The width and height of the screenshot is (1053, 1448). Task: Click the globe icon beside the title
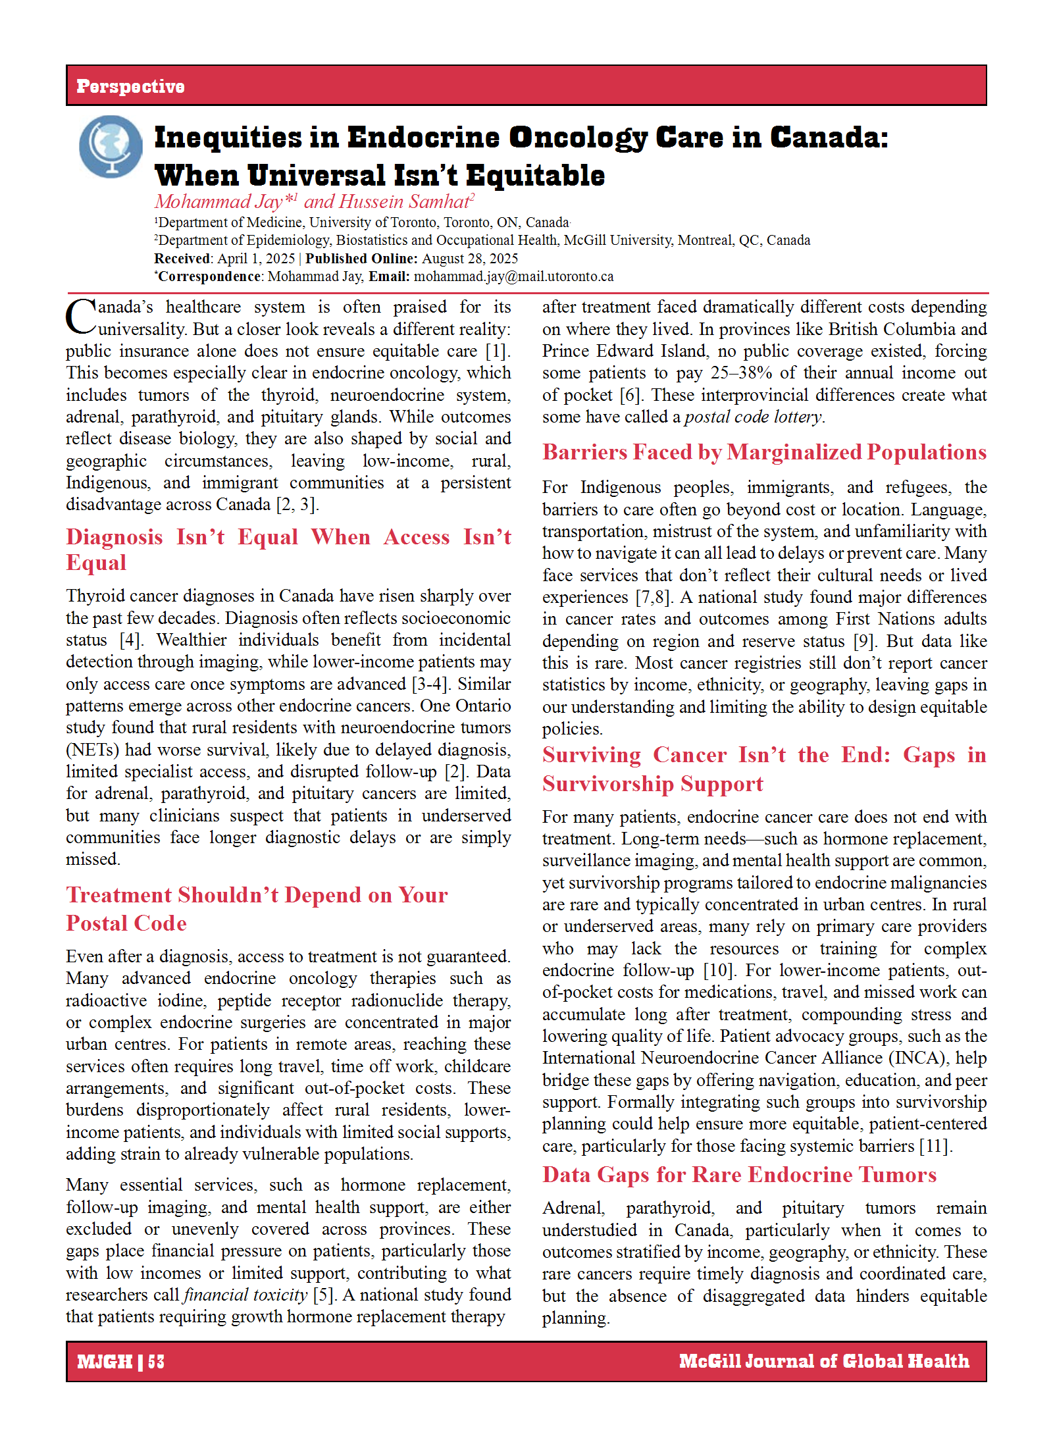(111, 146)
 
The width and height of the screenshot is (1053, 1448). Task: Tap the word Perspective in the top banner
(130, 86)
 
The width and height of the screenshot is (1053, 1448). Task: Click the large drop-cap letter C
(81, 317)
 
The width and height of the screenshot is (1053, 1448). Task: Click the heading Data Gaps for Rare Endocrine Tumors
(739, 1175)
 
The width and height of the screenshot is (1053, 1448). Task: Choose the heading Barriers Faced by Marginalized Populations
(764, 452)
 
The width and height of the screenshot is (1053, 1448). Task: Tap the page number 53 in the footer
(157, 1361)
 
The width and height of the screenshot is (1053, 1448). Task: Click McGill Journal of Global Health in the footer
(824, 1360)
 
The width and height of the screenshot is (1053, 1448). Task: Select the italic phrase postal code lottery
(753, 417)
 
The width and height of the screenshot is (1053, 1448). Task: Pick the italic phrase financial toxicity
(245, 1295)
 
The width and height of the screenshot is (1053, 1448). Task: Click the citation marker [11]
(935, 1146)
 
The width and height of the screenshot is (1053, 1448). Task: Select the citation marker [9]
(863, 641)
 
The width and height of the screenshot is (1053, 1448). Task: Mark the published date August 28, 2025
(470, 259)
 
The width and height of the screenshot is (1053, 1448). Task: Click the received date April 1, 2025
(256, 259)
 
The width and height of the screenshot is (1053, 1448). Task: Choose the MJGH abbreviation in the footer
(105, 1361)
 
